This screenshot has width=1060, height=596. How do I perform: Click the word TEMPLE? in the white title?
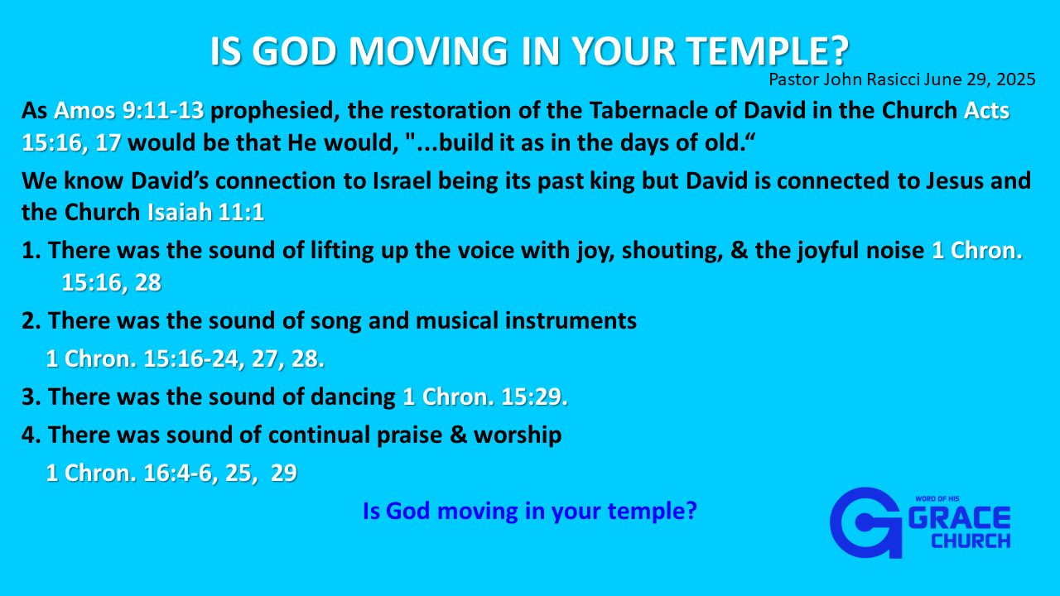pos(768,50)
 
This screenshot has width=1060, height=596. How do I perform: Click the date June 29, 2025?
pos(980,79)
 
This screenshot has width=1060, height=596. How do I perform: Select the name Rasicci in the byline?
pos(893,79)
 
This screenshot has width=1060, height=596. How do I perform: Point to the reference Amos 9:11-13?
pos(128,111)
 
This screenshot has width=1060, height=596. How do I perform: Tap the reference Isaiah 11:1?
pos(205,212)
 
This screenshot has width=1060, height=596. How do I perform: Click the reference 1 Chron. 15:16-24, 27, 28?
pos(185,359)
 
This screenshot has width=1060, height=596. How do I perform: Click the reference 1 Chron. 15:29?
pos(485,397)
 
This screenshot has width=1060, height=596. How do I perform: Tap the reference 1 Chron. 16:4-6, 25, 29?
pos(171,473)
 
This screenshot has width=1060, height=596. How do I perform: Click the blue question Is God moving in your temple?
pos(529,512)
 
